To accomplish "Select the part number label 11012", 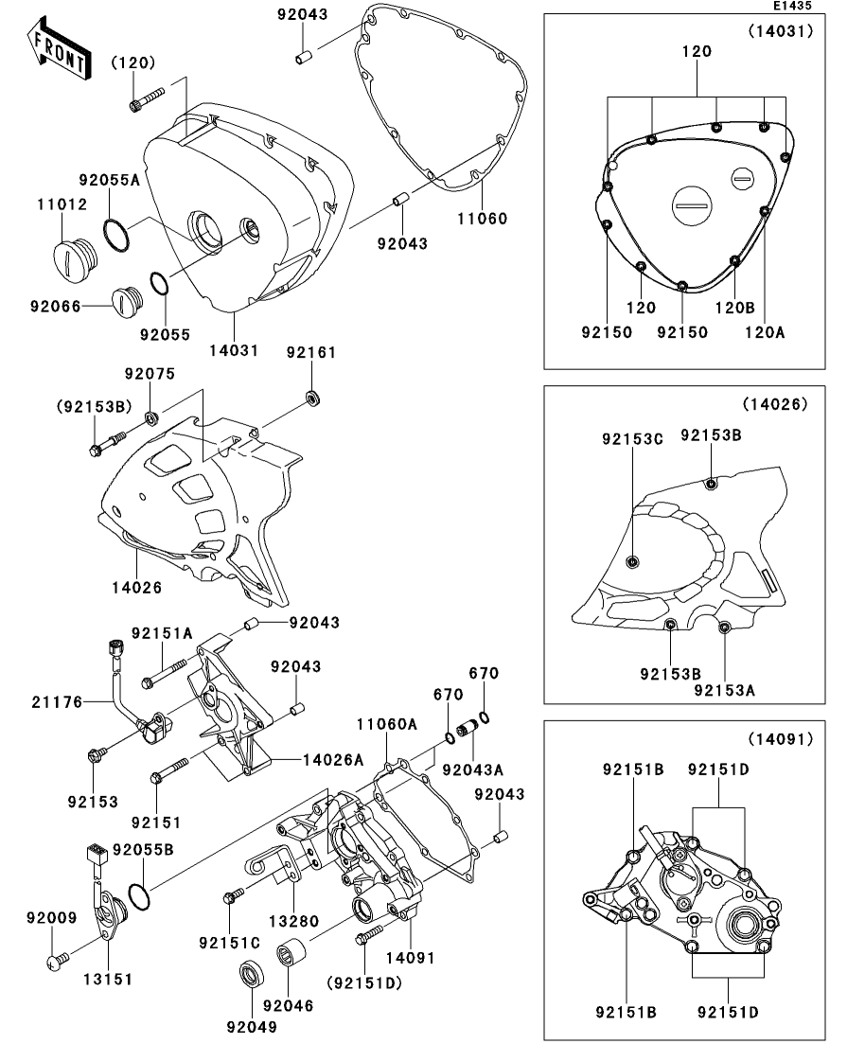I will pos(62,203).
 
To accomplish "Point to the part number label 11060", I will pos(483,219).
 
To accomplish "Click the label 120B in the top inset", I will pos(733,308).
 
